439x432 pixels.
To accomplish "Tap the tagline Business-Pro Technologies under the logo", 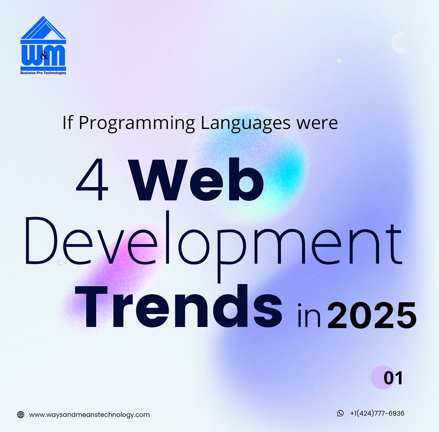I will (43, 73).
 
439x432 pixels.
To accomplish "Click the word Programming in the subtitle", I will (137, 123).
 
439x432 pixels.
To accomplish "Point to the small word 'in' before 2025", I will (309, 314).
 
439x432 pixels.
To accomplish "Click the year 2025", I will (372, 314).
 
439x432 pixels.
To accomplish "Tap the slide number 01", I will (393, 378).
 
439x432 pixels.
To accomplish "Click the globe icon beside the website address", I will (21, 415).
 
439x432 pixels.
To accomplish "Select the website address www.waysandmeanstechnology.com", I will (89, 415).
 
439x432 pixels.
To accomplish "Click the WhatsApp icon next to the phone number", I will (340, 413).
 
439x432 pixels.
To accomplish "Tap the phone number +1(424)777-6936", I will (377, 413).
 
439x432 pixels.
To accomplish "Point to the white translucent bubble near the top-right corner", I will (402, 42).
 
